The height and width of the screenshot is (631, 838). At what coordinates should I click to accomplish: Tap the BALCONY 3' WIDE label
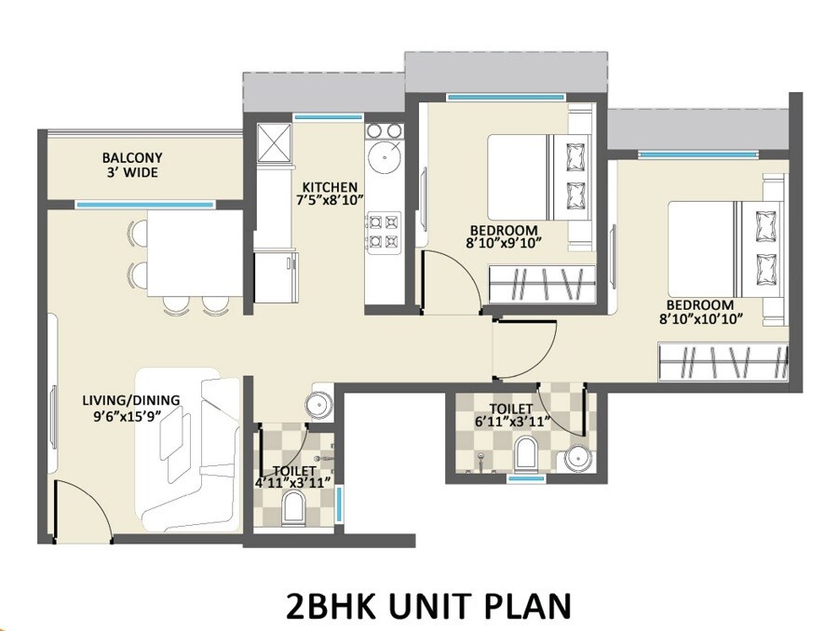click(132, 166)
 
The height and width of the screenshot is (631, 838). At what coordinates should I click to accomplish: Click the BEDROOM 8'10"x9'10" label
click(504, 236)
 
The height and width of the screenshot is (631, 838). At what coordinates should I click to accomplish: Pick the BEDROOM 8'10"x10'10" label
click(699, 312)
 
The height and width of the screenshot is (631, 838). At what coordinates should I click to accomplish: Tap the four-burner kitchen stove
click(383, 232)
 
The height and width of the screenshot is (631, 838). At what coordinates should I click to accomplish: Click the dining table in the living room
click(196, 252)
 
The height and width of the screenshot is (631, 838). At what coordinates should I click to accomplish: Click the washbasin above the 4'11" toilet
click(318, 405)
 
